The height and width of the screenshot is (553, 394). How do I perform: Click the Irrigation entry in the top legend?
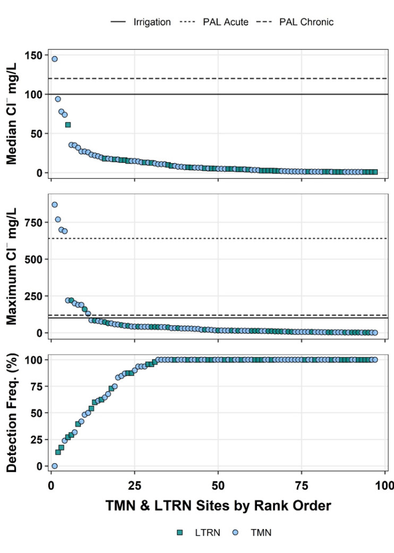click(140, 22)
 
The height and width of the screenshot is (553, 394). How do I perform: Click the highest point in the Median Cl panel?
click(54, 58)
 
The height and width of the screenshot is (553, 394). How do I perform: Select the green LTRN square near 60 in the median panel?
click(68, 124)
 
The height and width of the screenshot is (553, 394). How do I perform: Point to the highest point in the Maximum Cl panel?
click(54, 205)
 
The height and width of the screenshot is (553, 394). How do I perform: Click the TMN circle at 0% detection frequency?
click(54, 466)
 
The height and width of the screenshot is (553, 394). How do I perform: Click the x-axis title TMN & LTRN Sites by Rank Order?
click(217, 505)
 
